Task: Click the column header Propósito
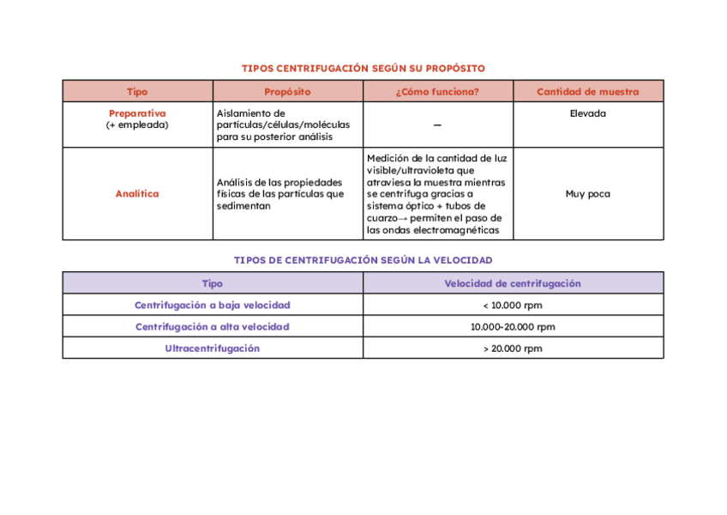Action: click(287, 92)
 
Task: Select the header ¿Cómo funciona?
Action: click(437, 92)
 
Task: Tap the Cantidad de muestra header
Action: click(587, 92)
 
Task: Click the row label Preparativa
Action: click(137, 113)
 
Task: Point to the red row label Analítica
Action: click(137, 194)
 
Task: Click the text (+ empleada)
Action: click(137, 124)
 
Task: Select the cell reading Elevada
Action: click(587, 113)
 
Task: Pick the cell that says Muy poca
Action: click(587, 194)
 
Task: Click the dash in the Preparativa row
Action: click(437, 125)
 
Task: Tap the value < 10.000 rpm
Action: click(512, 305)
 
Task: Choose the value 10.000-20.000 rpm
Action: click(512, 327)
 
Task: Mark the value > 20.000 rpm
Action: click(512, 348)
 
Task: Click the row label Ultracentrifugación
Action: click(212, 348)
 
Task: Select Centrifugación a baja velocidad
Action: click(212, 305)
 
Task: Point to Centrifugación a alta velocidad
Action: click(212, 327)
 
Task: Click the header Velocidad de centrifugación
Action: click(512, 283)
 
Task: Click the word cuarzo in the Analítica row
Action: click(382, 218)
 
